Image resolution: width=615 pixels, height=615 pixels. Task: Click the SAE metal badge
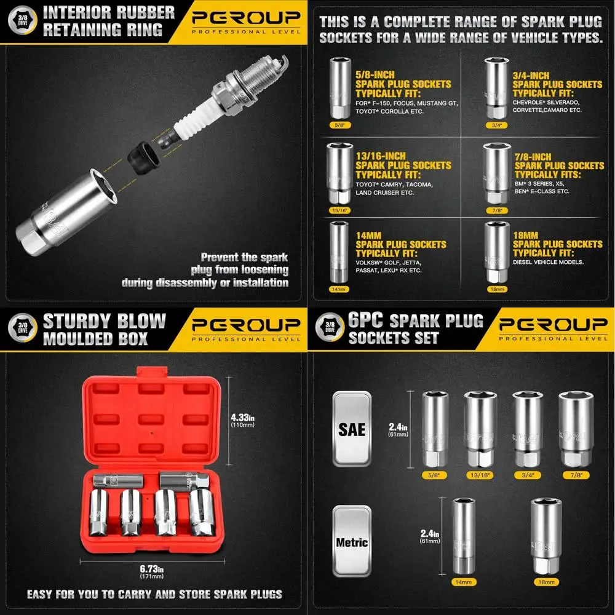coord(352,428)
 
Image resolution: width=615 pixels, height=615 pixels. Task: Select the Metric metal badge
coord(352,541)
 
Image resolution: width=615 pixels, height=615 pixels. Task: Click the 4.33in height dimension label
coord(243,416)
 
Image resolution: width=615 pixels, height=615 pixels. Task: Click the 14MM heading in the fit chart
coord(369,235)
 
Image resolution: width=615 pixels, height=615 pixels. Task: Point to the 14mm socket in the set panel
coord(464,542)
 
